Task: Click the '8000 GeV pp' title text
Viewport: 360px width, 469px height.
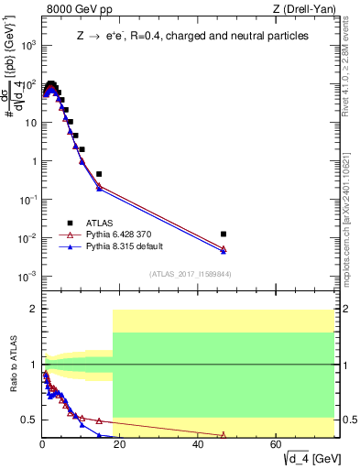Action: point(74,10)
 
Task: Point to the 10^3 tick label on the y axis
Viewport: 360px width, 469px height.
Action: point(27,45)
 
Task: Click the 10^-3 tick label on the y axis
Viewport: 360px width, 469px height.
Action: point(27,277)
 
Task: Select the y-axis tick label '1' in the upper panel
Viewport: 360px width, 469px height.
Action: point(33,161)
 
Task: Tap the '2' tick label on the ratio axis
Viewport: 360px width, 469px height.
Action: point(33,310)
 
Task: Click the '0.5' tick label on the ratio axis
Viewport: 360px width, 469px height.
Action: point(29,420)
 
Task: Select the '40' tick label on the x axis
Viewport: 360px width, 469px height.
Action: point(198,445)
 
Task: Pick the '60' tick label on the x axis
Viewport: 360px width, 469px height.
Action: point(276,445)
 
